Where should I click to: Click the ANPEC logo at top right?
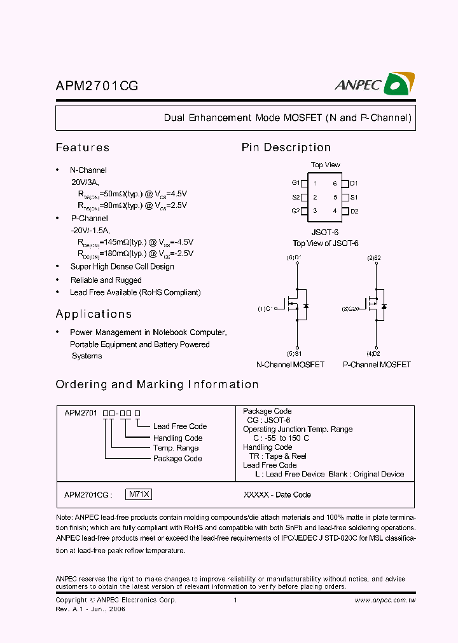[x=375, y=85]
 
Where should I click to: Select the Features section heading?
[x=83, y=147]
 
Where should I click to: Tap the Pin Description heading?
[x=286, y=147]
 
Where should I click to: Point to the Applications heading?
[x=94, y=314]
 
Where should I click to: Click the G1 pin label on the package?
[x=296, y=183]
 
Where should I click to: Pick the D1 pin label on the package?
[x=354, y=183]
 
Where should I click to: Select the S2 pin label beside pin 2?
[x=296, y=197]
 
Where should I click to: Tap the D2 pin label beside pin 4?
[x=354, y=211]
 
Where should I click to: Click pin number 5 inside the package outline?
[x=335, y=197]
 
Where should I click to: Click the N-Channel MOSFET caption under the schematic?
[x=290, y=365]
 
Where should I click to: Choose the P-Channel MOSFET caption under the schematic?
[x=377, y=365]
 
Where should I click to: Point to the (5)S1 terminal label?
[x=294, y=353]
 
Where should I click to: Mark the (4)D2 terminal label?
[x=374, y=353]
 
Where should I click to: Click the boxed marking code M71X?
[x=139, y=494]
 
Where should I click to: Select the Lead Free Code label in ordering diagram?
[x=179, y=426]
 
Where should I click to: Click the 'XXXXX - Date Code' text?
[x=277, y=494]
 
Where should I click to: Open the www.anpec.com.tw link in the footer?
[x=385, y=600]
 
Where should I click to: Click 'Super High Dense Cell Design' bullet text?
[x=122, y=267]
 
